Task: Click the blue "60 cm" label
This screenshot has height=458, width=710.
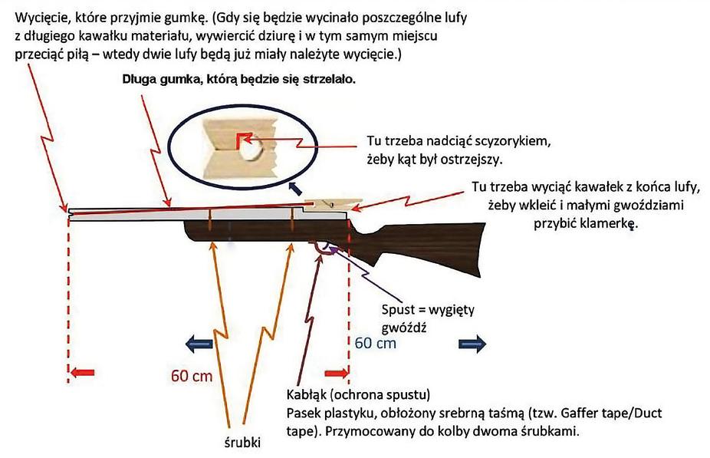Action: point(375,342)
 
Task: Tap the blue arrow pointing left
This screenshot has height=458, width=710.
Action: point(199,343)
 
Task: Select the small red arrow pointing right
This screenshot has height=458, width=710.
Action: point(336,373)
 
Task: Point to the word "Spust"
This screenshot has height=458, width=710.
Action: point(398,311)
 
